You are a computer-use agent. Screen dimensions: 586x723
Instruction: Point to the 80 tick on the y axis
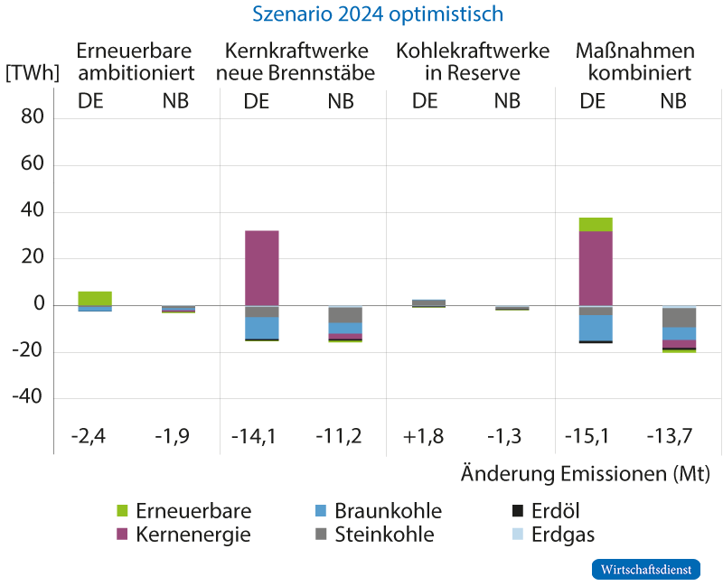tap(33, 118)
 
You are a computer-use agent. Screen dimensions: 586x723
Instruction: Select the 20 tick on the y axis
tap(33, 258)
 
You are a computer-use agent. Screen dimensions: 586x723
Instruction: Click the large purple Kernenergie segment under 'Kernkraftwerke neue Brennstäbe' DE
tap(262, 268)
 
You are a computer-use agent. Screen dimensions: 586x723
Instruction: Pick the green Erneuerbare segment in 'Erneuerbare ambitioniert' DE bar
tap(95, 298)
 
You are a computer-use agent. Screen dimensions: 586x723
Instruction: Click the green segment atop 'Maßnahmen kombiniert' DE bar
tap(596, 224)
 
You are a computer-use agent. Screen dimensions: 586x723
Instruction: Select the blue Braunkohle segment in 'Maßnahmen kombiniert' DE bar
tap(596, 328)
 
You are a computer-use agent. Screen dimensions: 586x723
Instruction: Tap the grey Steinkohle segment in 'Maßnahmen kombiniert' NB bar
tap(679, 318)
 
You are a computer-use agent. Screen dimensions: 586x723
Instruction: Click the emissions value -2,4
tap(89, 437)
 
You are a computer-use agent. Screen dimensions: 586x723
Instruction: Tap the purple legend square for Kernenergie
tap(124, 535)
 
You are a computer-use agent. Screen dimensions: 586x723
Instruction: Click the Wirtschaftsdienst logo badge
tap(645, 570)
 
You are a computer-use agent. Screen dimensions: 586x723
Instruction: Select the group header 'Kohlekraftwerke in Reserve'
tap(472, 61)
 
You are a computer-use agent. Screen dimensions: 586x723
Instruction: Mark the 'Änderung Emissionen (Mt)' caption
tap(585, 474)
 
